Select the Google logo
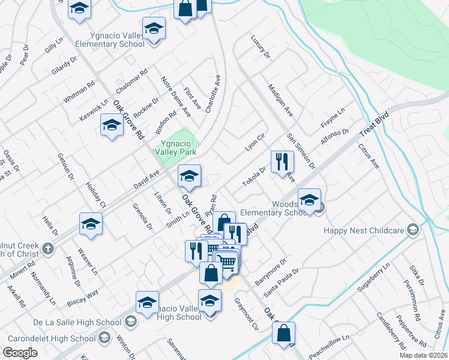[x=20, y=353]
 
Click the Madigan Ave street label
[x=280, y=100]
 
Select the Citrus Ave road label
[x=369, y=154]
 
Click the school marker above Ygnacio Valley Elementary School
[x=154, y=28]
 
